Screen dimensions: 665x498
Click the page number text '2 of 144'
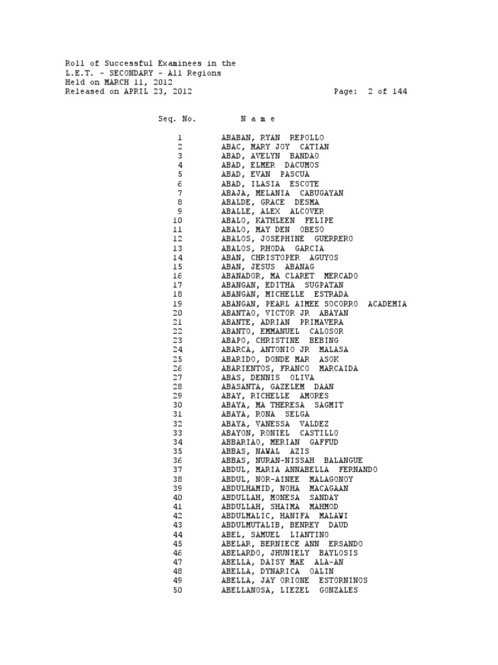point(387,92)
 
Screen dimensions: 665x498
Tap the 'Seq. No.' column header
point(176,119)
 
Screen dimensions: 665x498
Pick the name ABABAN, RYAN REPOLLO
point(272,138)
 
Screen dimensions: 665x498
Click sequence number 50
point(178,590)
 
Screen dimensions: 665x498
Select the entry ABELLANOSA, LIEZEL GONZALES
point(289,590)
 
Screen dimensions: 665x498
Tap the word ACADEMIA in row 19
point(387,304)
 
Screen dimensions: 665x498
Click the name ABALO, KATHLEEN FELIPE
point(277,221)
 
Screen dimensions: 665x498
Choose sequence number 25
point(178,359)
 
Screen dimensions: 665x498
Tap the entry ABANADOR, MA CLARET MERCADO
point(289,276)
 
